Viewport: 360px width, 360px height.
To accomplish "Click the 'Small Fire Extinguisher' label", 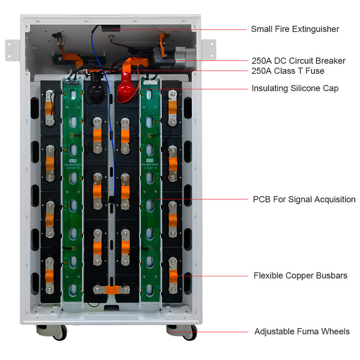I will pos(295,29).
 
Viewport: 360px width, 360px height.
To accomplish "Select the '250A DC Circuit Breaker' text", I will pos(298,61).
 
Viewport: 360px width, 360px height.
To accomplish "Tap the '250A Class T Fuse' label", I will pos(288,71).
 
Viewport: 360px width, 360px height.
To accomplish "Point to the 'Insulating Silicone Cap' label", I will pos(295,88).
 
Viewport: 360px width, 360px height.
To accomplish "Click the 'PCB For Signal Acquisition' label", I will pos(304,199).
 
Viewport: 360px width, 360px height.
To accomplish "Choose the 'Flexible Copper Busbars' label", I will pos(300,275).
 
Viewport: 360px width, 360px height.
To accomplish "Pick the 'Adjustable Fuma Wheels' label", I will pos(301,332).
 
